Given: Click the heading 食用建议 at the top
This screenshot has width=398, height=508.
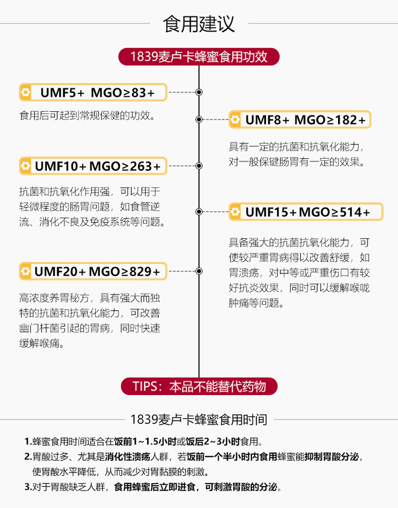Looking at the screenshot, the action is pyautogui.click(x=199, y=25).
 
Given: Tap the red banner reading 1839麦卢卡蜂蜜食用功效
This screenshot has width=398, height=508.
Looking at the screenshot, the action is pyautogui.click(x=199, y=56).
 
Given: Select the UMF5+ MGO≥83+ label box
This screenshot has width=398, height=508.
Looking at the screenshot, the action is pyautogui.click(x=93, y=93).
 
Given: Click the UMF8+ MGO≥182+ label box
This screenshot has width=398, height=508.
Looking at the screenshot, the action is pyautogui.click(x=300, y=119).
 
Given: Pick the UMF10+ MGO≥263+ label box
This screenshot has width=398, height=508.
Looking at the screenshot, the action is pyautogui.click(x=93, y=166).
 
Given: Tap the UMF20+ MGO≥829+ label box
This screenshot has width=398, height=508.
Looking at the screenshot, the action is pyautogui.click(x=93, y=271).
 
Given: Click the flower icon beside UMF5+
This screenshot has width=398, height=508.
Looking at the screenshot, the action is pyautogui.click(x=26, y=93).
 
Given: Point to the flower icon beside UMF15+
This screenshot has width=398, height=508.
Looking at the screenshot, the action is pyautogui.click(x=236, y=212).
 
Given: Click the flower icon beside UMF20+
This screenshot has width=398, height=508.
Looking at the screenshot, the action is pyautogui.click(x=26, y=271).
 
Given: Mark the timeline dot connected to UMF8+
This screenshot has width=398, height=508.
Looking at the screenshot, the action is pyautogui.click(x=199, y=119).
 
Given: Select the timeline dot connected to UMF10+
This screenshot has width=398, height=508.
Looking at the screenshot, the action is pyautogui.click(x=199, y=165).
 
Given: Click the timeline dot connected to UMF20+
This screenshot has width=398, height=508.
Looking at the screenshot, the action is pyautogui.click(x=199, y=271).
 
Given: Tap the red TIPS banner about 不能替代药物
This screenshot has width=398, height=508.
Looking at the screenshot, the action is pyautogui.click(x=199, y=386).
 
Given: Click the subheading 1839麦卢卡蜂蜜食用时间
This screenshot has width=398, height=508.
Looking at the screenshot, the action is pyautogui.click(x=199, y=420).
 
